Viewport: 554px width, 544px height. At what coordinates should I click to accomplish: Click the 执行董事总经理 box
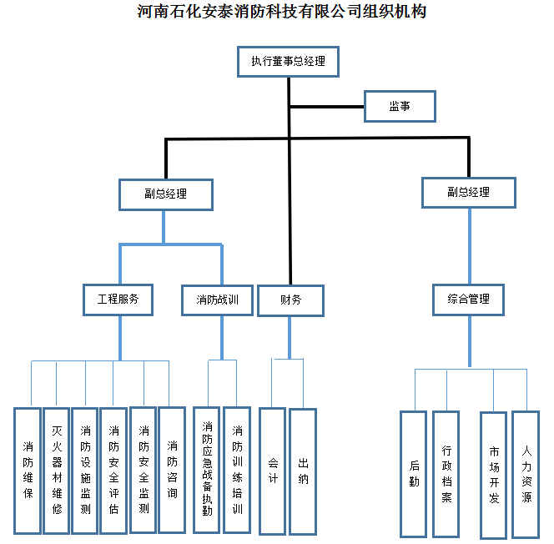pos(288,62)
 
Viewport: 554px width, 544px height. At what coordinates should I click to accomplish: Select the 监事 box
pos(399,106)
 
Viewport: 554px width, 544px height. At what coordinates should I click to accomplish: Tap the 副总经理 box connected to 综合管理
pos(468,192)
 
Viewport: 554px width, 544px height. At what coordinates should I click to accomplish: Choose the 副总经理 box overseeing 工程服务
pos(165,194)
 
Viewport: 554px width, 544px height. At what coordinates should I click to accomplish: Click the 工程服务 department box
pos(118,300)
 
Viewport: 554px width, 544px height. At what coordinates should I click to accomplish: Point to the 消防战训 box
pos(223,300)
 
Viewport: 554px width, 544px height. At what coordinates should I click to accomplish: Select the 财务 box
pos(290,300)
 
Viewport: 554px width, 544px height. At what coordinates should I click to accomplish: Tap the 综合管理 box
pos(468,299)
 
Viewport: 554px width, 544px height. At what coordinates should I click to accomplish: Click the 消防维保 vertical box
pos(28,471)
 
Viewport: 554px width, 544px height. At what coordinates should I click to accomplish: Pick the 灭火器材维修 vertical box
pos(57,471)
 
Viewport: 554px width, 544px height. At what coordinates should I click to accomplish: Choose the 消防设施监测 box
pos(85,471)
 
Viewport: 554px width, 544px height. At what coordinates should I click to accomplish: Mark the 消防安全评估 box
pos(113,471)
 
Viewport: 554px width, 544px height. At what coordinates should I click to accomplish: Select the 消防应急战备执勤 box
pos(207,471)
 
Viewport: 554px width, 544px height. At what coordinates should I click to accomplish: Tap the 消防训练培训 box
pos(237,471)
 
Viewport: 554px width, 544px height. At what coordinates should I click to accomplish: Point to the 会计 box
pos(273,471)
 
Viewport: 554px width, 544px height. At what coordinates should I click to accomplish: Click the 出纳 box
pos(303,471)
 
